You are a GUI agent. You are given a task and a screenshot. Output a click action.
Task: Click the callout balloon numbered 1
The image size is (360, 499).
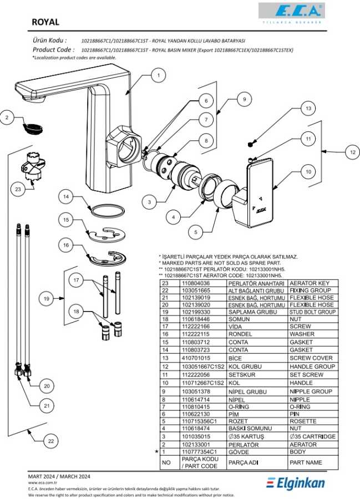click(158, 75)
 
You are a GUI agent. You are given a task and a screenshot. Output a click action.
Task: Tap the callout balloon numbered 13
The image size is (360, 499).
click(308, 109)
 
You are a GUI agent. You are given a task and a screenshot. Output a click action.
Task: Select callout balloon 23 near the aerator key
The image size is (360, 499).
click(18, 189)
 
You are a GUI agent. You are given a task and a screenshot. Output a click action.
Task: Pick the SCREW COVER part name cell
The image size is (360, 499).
click(312, 358)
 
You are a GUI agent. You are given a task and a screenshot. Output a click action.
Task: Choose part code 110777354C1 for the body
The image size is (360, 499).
click(197, 452)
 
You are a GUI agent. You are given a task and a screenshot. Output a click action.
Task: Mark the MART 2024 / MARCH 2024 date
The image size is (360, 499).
click(59, 476)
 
